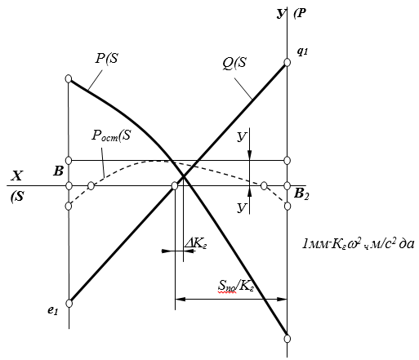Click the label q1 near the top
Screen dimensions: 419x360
pyautogui.click(x=302, y=51)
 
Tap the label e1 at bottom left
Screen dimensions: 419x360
pyautogui.click(x=53, y=310)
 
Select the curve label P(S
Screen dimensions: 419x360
pyautogui.click(x=107, y=58)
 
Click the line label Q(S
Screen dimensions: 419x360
pyautogui.click(x=234, y=63)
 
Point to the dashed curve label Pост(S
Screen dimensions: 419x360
pyautogui.click(x=111, y=136)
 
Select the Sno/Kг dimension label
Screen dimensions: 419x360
pyautogui.click(x=236, y=286)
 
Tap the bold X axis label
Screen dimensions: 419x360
pyautogui.click(x=16, y=176)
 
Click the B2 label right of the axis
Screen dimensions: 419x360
pyautogui.click(x=301, y=194)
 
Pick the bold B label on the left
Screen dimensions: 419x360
pyautogui.click(x=58, y=171)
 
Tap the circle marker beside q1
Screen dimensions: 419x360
pyautogui.click(x=287, y=62)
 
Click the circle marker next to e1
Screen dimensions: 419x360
pyautogui.click(x=69, y=303)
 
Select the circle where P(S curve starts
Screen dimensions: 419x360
pyautogui.click(x=69, y=79)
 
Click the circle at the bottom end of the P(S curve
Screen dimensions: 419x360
pyautogui.click(x=288, y=339)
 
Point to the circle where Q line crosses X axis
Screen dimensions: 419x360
pyautogui.click(x=175, y=186)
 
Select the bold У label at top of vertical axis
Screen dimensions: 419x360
pyautogui.click(x=280, y=14)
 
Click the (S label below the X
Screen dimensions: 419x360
pyautogui.click(x=17, y=196)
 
